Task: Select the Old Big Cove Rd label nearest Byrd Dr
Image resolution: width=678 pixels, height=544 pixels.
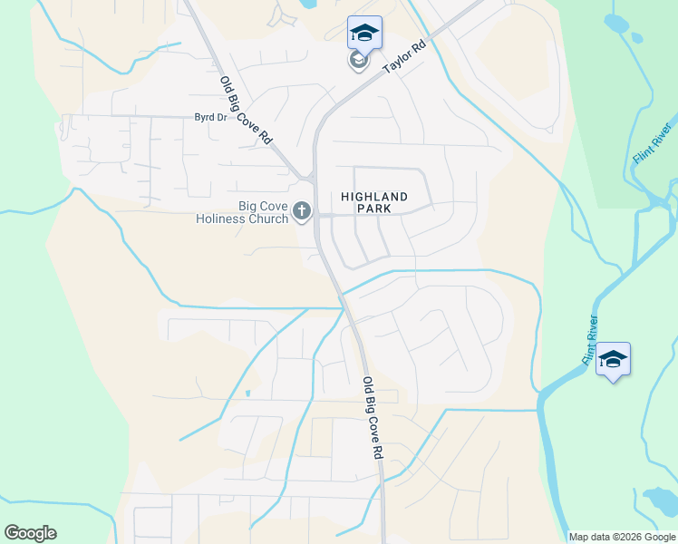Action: click(246, 111)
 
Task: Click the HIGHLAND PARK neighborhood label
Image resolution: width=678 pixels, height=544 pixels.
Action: click(374, 202)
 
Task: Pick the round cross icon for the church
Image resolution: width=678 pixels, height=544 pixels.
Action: click(302, 212)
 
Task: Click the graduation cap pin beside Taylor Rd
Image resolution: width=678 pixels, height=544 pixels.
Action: click(364, 33)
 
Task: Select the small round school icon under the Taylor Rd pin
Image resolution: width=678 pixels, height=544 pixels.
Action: click(358, 61)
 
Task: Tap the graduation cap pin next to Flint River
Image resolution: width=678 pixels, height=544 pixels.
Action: click(613, 359)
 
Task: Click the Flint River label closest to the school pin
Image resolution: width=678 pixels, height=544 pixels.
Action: click(591, 339)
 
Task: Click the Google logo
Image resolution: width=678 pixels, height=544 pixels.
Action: click(31, 533)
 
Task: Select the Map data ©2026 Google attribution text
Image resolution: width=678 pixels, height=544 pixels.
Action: click(621, 537)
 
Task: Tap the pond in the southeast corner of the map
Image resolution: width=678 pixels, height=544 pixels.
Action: click(659, 500)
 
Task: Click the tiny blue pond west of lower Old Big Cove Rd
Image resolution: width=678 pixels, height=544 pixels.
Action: click(247, 393)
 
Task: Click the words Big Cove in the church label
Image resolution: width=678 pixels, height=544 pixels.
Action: click(263, 206)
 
